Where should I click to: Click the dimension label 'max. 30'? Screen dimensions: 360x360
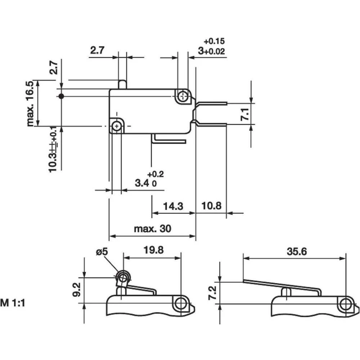(x=152, y=229)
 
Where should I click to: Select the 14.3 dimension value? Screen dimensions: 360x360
(x=173, y=206)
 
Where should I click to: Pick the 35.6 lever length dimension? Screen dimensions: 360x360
(x=297, y=252)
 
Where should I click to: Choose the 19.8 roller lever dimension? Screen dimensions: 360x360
(x=154, y=250)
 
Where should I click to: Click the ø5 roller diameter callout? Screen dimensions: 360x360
(x=102, y=252)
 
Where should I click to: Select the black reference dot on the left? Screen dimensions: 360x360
(x=61, y=96)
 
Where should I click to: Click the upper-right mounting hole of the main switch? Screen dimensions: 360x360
(x=183, y=96)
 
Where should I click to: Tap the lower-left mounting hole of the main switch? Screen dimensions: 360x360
(x=116, y=126)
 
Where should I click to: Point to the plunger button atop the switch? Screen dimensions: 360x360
(x=122, y=84)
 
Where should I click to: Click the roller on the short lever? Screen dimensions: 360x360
(x=123, y=278)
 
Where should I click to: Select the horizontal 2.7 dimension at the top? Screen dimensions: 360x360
(x=97, y=50)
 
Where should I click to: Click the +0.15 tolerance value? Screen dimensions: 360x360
(x=214, y=41)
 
